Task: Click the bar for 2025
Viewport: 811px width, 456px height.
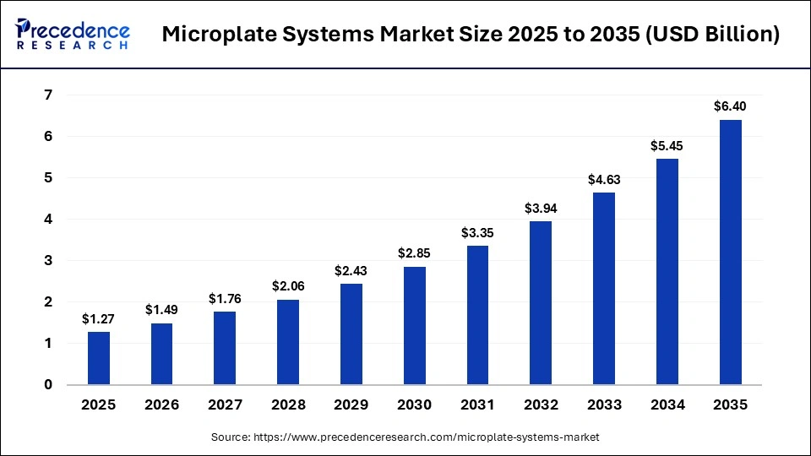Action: [99, 358]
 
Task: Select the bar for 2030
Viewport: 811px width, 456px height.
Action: [415, 325]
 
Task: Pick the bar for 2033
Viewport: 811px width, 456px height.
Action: [604, 288]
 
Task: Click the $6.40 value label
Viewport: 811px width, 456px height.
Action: [731, 106]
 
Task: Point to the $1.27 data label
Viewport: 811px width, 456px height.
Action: [99, 318]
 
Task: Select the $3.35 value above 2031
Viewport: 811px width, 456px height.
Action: [478, 232]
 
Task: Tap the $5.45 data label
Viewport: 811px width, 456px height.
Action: [667, 145]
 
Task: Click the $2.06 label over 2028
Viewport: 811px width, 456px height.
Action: [288, 286]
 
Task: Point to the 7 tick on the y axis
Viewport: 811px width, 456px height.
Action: [48, 95]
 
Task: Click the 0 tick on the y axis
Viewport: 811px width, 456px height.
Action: [48, 385]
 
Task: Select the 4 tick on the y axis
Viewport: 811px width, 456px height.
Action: [48, 220]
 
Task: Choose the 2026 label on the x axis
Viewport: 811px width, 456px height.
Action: [162, 405]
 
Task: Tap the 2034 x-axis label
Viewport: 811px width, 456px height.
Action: [667, 405]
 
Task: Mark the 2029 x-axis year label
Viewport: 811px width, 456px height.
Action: [351, 405]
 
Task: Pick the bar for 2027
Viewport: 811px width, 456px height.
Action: [225, 348]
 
